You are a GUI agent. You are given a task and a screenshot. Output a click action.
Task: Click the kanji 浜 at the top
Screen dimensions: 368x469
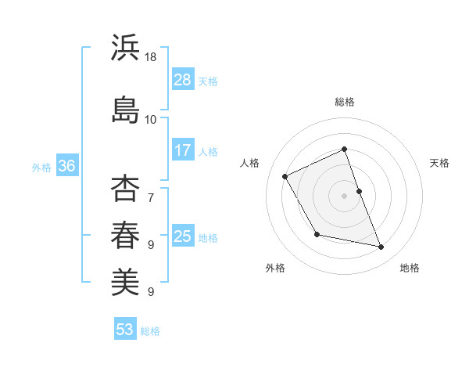(125, 48)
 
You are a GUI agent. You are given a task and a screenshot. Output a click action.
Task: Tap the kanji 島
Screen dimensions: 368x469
(125, 108)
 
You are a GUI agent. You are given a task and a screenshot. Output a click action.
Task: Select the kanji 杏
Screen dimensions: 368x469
(125, 189)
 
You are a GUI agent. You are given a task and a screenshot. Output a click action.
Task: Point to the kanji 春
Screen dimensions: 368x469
(125, 234)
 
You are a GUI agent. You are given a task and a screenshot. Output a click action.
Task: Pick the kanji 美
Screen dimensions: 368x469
(125, 280)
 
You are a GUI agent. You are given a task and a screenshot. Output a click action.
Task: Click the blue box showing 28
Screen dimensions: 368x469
(183, 80)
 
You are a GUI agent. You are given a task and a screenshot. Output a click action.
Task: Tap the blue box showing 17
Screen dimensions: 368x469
(183, 150)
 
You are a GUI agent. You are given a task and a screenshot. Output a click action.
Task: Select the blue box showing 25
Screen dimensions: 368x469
(183, 236)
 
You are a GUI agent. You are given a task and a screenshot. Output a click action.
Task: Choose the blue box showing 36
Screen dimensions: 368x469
(66, 166)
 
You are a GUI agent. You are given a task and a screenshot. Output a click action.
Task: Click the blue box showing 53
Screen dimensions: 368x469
(125, 330)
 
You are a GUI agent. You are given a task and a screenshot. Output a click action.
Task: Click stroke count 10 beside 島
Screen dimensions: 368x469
(151, 119)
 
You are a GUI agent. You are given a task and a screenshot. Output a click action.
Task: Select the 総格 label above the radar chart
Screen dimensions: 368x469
(345, 102)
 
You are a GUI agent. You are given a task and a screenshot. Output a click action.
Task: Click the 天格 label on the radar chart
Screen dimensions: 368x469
(439, 163)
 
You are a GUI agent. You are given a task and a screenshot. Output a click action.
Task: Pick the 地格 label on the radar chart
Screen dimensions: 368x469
(410, 268)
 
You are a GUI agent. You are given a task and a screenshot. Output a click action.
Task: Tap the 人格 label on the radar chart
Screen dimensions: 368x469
(250, 163)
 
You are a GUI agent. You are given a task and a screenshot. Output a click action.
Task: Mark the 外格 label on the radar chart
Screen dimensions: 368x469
(275, 268)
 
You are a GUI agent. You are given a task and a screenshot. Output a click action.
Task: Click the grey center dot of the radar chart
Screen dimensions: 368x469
(345, 195)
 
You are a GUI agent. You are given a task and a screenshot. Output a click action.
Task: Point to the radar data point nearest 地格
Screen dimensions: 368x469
(381, 247)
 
